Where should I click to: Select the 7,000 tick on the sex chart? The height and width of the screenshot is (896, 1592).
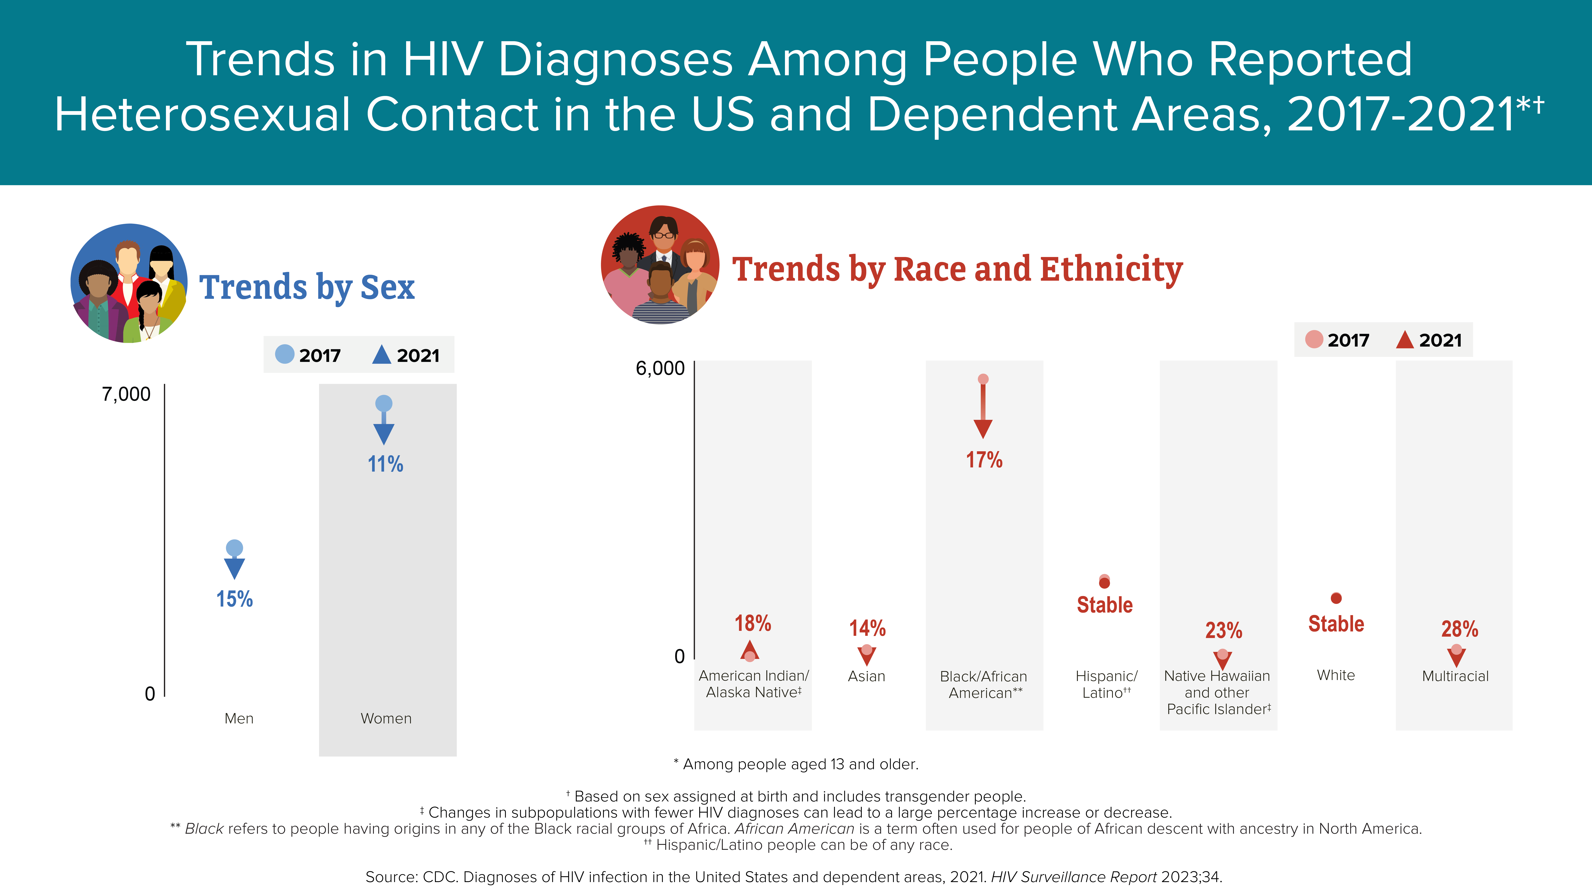pyautogui.click(x=126, y=394)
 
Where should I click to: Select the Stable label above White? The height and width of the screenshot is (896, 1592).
pyautogui.click(x=1336, y=624)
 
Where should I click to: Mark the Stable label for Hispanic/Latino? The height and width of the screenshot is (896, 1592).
pyautogui.click(x=1105, y=605)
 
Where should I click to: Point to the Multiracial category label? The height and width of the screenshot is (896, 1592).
pyautogui.click(x=1456, y=676)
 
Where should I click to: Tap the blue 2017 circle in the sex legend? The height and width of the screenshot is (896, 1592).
pyautogui.click(x=284, y=354)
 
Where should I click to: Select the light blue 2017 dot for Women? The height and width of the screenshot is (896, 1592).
pyautogui.click(x=384, y=404)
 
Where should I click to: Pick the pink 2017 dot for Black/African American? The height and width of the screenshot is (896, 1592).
pyautogui.click(x=983, y=379)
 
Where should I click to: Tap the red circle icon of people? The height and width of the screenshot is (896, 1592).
pyautogui.click(x=660, y=265)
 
